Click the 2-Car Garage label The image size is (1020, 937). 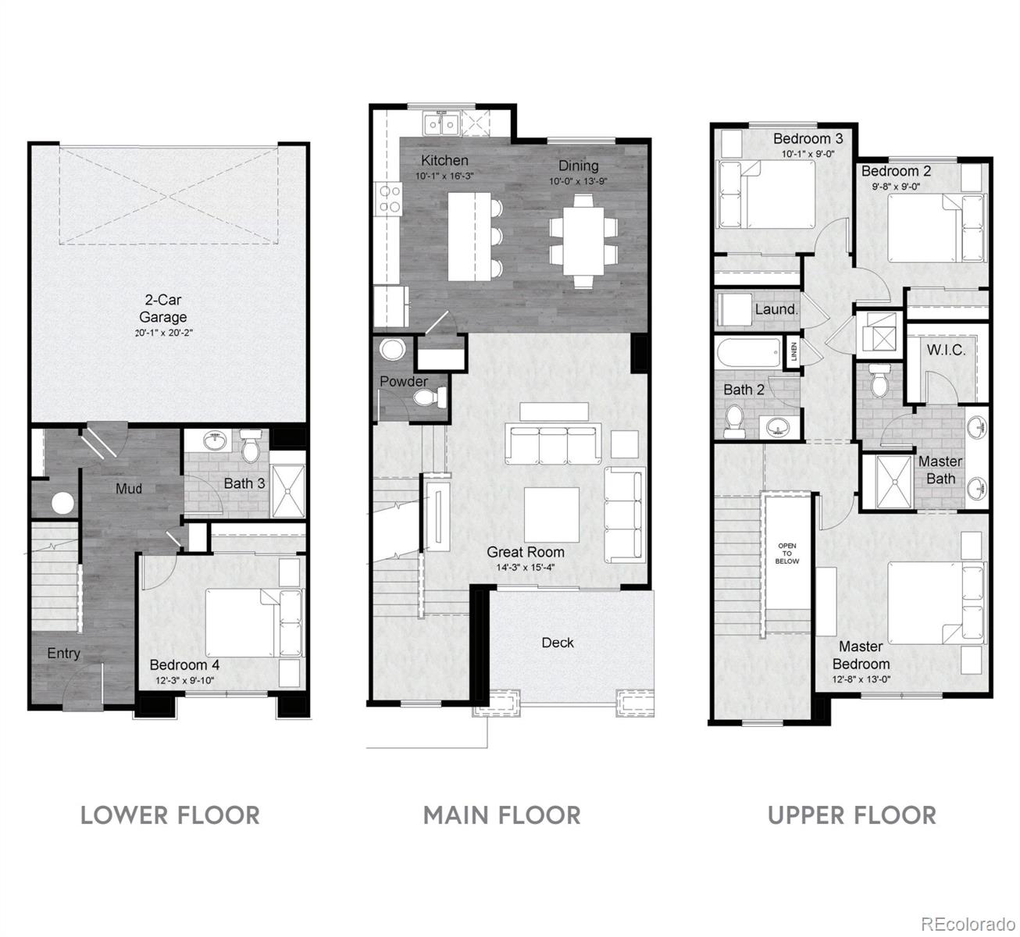[x=162, y=308]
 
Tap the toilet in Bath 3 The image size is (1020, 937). [x=250, y=447]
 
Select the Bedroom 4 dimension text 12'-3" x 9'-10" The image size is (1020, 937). [x=184, y=680]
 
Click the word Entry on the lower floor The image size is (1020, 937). [x=63, y=653]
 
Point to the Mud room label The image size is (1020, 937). [x=129, y=489]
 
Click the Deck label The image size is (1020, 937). [x=558, y=642]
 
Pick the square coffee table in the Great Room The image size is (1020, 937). [x=551, y=515]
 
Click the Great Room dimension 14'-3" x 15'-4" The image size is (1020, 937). [x=525, y=568]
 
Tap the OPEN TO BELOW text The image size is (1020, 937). [x=787, y=553]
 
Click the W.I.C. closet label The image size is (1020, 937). [x=946, y=350]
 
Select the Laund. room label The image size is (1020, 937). [x=776, y=309]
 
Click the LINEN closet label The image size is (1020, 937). [x=794, y=352]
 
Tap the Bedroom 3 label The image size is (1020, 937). [x=808, y=138]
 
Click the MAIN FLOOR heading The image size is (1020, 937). [x=501, y=815]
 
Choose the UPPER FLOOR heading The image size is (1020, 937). [x=851, y=815]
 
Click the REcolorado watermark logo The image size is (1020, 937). [x=965, y=923]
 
